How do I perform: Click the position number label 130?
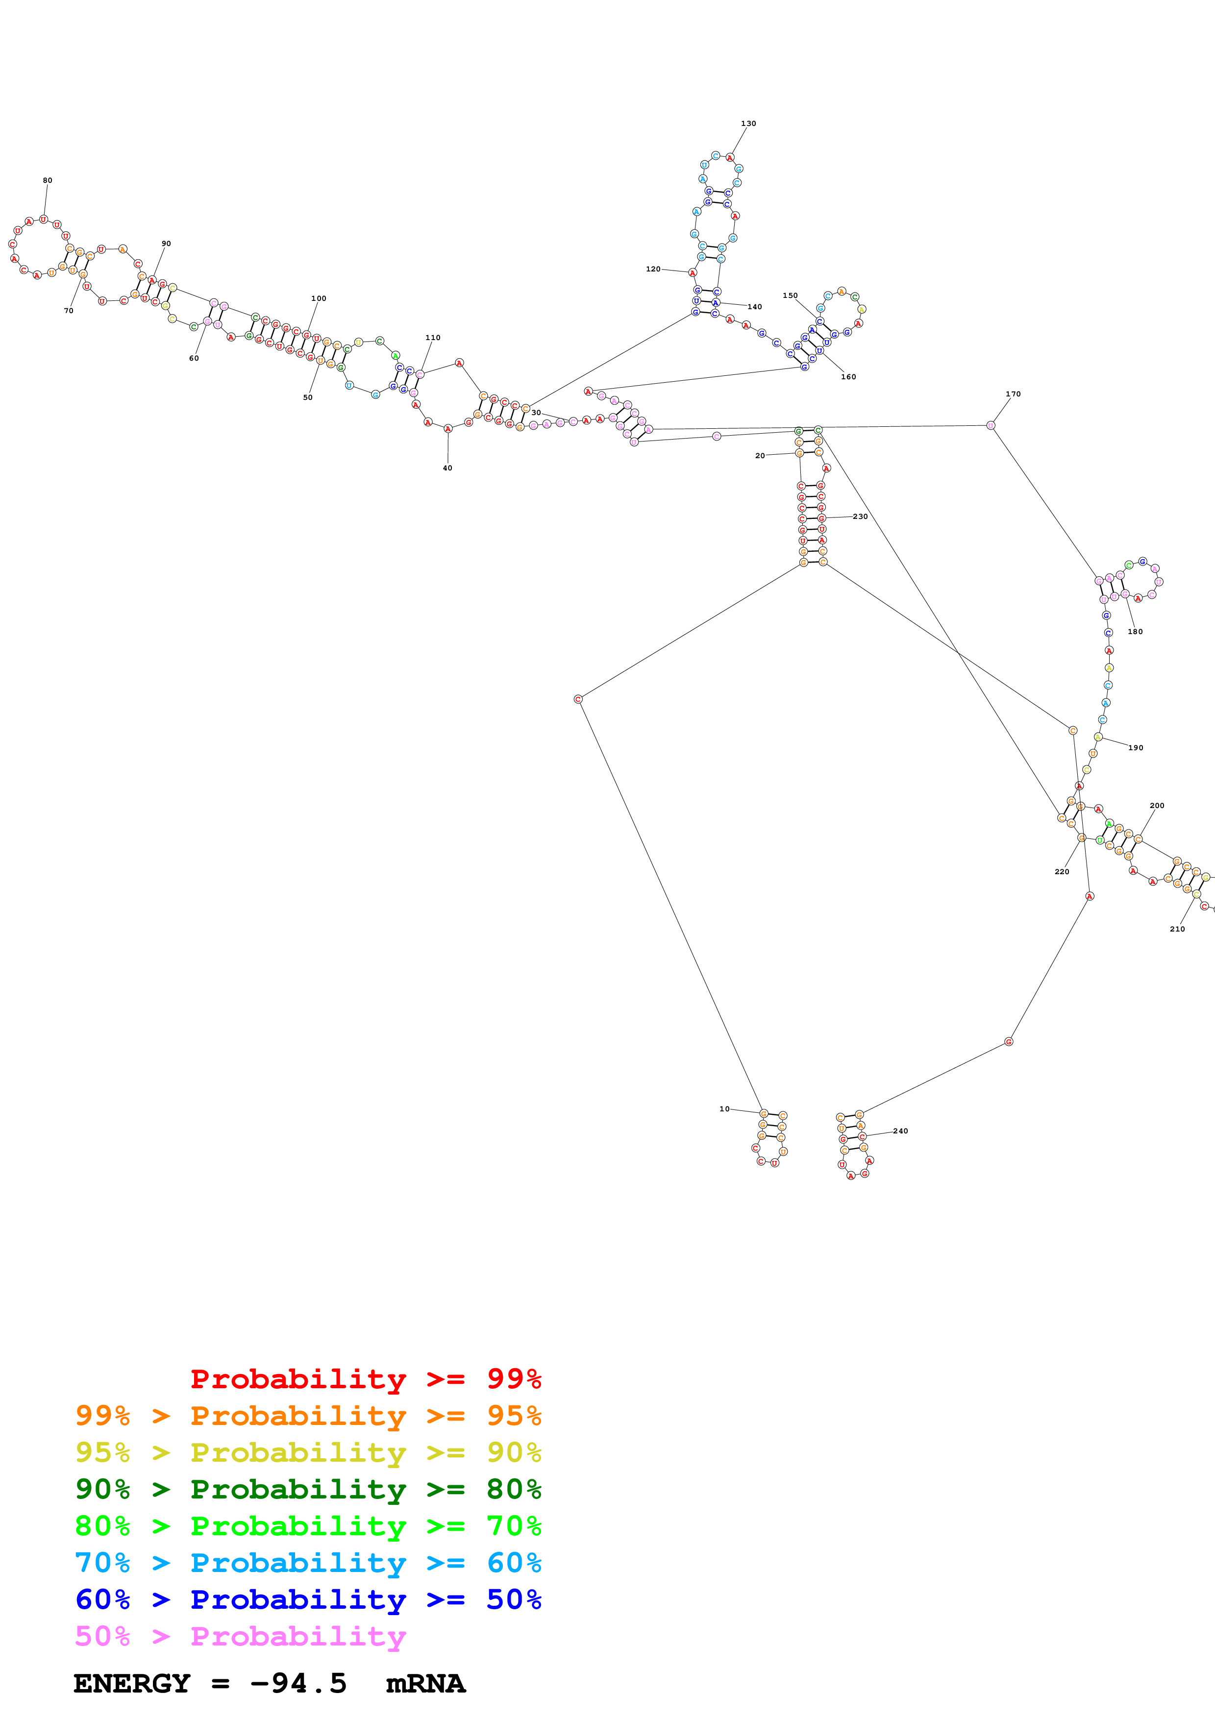(x=748, y=123)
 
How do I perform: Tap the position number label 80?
(x=47, y=180)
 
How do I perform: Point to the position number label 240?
(x=900, y=1130)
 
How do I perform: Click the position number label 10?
(x=724, y=1109)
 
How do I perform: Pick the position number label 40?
(x=447, y=468)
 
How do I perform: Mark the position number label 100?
(x=318, y=298)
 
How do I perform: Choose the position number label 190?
(x=1135, y=747)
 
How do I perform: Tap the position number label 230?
(x=860, y=516)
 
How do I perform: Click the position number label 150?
(x=790, y=296)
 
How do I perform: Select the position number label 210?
(x=1177, y=929)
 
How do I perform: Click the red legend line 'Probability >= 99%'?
(x=365, y=1378)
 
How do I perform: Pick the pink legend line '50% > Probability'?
(x=240, y=1636)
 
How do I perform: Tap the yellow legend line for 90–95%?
(x=308, y=1452)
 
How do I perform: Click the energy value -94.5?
(x=298, y=1683)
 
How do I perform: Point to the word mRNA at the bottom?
(x=425, y=1683)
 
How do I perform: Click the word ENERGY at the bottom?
(x=132, y=1683)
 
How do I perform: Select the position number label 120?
(x=653, y=269)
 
